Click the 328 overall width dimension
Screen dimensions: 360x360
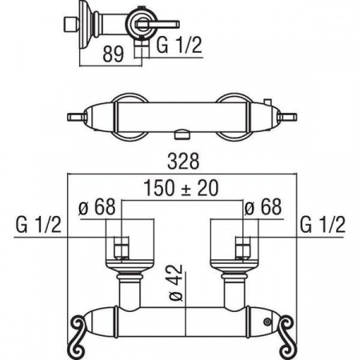(183, 161)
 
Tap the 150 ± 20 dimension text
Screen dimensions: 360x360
(181, 188)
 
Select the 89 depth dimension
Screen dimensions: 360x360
(114, 54)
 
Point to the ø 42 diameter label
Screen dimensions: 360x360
(176, 282)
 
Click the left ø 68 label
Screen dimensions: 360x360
(97, 206)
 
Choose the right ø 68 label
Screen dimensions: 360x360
(263, 206)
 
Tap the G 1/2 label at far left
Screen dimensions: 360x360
(38, 225)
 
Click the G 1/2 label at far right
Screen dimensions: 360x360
(322, 225)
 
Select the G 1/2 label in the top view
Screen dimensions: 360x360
(179, 45)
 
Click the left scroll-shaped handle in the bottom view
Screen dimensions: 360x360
(78, 336)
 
